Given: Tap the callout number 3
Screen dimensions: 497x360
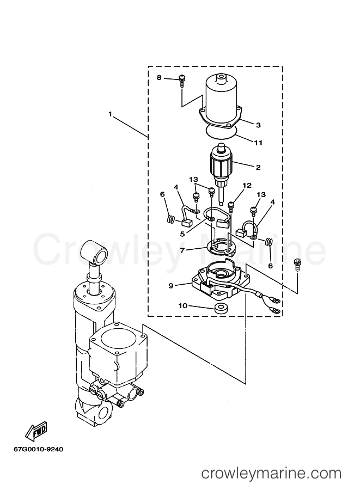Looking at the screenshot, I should [258, 125].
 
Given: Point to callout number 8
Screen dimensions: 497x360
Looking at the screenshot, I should [159, 78].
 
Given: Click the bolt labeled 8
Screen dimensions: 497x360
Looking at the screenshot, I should [182, 81].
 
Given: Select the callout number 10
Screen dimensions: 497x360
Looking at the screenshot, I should [183, 306].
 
